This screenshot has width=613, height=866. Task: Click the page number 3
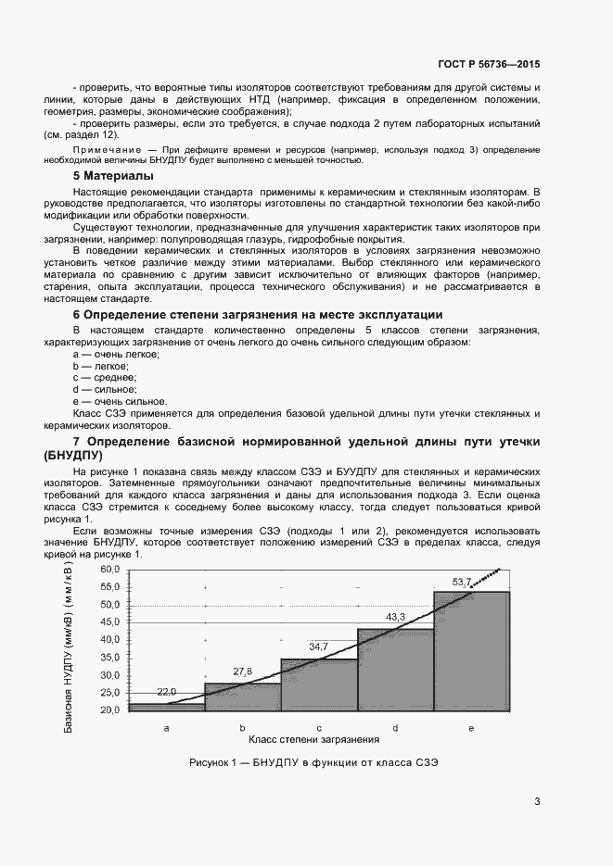(537, 801)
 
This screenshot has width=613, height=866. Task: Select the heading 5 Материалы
(113, 175)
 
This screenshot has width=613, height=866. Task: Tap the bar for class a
(167, 707)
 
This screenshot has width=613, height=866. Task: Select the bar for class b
(242, 697)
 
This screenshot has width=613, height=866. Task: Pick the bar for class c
(319, 684)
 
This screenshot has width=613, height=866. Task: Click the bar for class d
(395, 670)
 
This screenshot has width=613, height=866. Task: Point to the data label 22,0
(167, 692)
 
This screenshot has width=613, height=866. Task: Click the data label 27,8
(243, 671)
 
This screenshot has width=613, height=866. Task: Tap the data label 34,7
(319, 646)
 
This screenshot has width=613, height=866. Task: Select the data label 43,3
(396, 616)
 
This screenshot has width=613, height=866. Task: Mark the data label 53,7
(462, 581)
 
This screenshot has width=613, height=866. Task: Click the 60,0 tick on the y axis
(110, 569)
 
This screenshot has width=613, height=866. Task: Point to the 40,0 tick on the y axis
(110, 639)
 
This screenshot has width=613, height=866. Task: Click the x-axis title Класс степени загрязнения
(314, 740)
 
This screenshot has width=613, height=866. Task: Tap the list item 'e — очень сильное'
(107, 402)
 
